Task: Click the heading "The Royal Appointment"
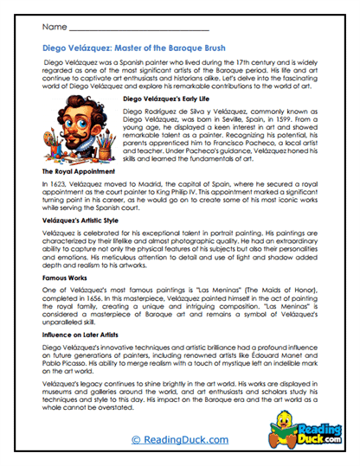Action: tap(80, 173)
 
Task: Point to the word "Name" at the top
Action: tap(54, 28)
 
